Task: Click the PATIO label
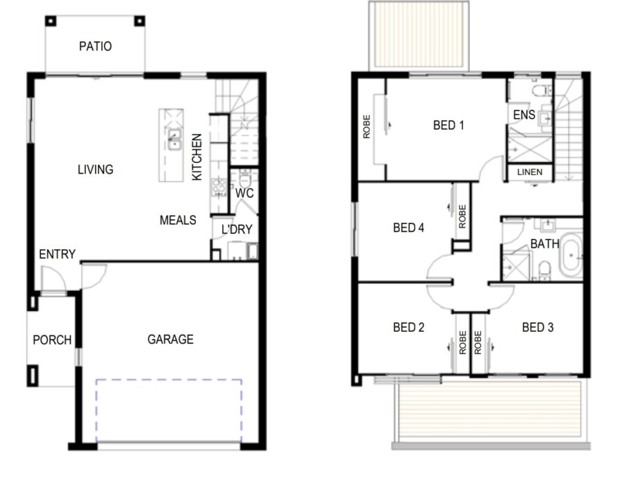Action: pyautogui.click(x=95, y=47)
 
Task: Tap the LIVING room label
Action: pyautogui.click(x=95, y=169)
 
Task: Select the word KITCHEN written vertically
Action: pyautogui.click(x=196, y=157)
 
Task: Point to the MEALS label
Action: pyautogui.click(x=178, y=220)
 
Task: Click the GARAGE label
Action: pyautogui.click(x=171, y=340)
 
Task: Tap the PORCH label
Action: pyautogui.click(x=52, y=340)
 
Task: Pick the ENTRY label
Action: pyautogui.click(x=57, y=254)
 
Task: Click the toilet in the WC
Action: pyautogui.click(x=244, y=178)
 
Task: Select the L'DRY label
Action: pyautogui.click(x=237, y=229)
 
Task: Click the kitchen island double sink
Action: pyautogui.click(x=174, y=140)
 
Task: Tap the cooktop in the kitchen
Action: pyautogui.click(x=219, y=187)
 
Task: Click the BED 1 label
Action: pyautogui.click(x=448, y=126)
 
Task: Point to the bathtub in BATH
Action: pyautogui.click(x=571, y=255)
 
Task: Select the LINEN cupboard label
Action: pyautogui.click(x=530, y=172)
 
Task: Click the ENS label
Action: pyautogui.click(x=524, y=115)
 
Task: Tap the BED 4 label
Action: pyautogui.click(x=409, y=228)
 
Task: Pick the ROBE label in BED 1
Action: pyautogui.click(x=367, y=126)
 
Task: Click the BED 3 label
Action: pyautogui.click(x=537, y=327)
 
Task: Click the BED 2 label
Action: pyautogui.click(x=409, y=327)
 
